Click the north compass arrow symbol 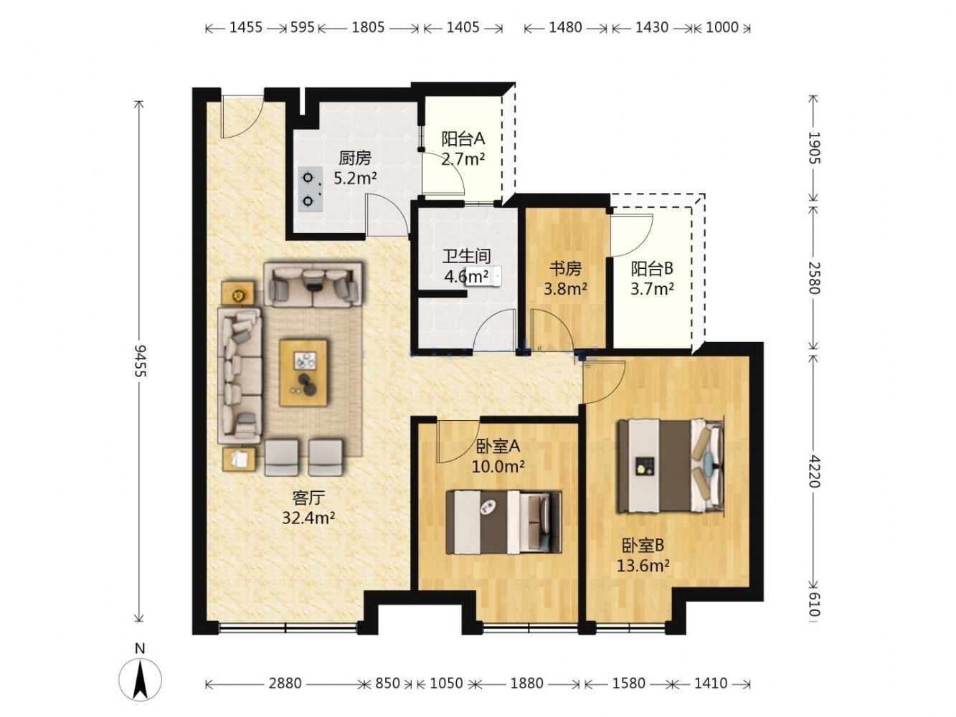(139, 678)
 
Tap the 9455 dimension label (140, 361)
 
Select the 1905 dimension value (813, 148)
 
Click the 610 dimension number (813, 606)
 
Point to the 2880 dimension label (285, 683)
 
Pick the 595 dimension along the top (302, 27)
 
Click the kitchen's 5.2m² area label (355, 178)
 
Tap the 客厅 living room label (308, 497)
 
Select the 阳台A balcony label (463, 139)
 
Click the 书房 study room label (565, 269)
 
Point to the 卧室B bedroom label (643, 545)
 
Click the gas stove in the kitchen (310, 189)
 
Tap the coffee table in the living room (303, 373)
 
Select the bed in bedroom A (503, 522)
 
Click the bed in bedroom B (671, 466)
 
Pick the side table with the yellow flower (238, 293)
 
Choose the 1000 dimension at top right (721, 27)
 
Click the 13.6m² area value (643, 566)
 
